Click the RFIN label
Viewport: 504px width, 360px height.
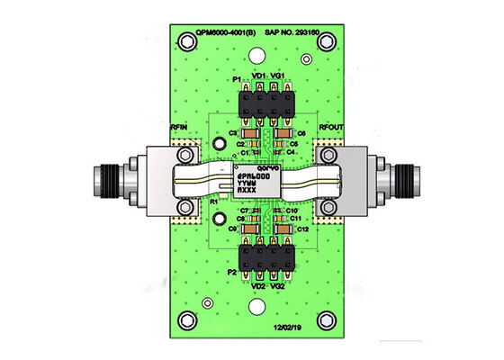pos(180,128)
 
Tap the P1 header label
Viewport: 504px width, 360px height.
pos(238,78)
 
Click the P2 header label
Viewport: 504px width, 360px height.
pos(232,272)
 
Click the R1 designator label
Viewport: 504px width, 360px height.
pos(213,203)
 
